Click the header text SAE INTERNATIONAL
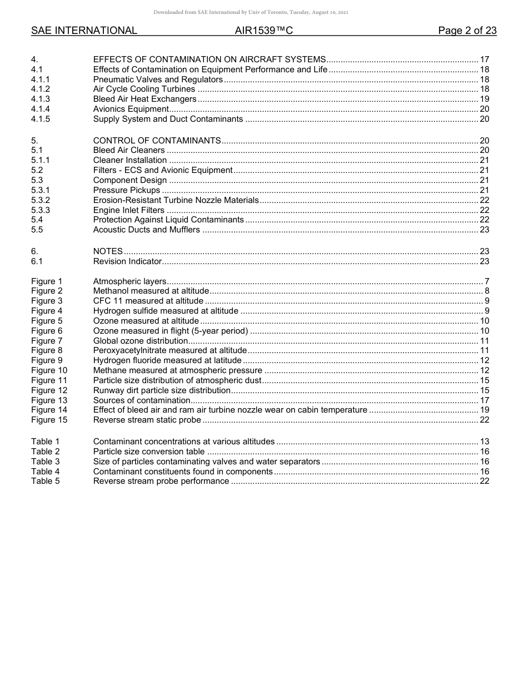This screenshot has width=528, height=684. click(x=84, y=31)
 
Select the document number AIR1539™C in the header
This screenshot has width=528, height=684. click(x=263, y=31)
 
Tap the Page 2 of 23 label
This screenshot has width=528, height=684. click(x=467, y=31)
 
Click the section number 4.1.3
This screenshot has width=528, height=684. click(x=41, y=99)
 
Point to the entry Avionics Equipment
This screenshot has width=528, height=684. click(x=131, y=109)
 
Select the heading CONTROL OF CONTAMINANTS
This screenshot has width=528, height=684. click(x=157, y=141)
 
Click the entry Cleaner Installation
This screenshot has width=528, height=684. click(x=129, y=160)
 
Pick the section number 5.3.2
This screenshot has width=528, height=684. click(x=41, y=200)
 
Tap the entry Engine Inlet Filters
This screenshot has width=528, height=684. click(x=128, y=210)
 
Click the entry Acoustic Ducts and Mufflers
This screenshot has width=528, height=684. click(x=146, y=230)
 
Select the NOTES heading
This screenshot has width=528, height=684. click(x=108, y=251)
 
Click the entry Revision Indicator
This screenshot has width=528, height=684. click(x=127, y=261)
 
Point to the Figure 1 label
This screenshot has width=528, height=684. click(x=47, y=281)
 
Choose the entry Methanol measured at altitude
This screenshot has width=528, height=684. click(x=151, y=291)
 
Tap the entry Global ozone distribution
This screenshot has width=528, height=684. click(x=140, y=341)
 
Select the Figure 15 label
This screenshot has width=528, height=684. click(x=49, y=420)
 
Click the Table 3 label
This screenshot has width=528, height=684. click(x=46, y=462)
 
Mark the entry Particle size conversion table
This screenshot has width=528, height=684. click(x=148, y=452)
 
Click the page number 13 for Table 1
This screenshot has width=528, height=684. click(x=484, y=442)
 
